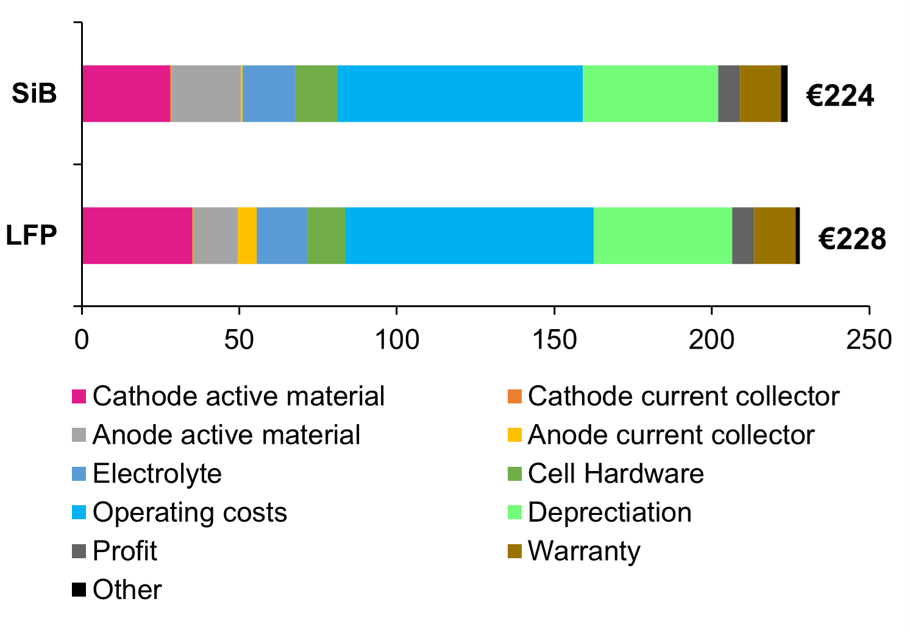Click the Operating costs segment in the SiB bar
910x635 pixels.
pyautogui.click(x=460, y=94)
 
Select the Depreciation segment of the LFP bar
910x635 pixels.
pyautogui.click(x=663, y=236)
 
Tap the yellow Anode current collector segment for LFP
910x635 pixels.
pyautogui.click(x=247, y=236)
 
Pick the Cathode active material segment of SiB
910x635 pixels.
pyautogui.click(x=126, y=94)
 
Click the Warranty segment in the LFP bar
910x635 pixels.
pyautogui.click(x=775, y=236)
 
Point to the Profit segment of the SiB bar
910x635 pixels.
pyautogui.click(x=729, y=94)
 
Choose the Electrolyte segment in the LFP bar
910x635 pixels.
pyautogui.click(x=282, y=236)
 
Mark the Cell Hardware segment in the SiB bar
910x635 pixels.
pyautogui.click(x=316, y=94)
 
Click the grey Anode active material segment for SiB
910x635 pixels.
pyautogui.click(x=206, y=94)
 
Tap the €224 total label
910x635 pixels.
pyautogui.click(x=840, y=96)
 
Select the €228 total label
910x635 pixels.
pyautogui.click(x=851, y=238)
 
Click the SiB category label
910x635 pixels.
pyautogui.click(x=34, y=93)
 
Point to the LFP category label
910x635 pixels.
pyautogui.click(x=32, y=235)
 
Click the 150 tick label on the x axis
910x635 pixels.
pyautogui.click(x=554, y=339)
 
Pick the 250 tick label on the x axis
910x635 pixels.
pyautogui.click(x=869, y=339)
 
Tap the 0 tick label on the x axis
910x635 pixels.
pyautogui.click(x=82, y=339)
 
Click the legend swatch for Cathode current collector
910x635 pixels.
pyautogui.click(x=514, y=397)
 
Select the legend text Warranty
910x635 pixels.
pyautogui.click(x=584, y=551)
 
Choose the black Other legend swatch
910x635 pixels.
pyautogui.click(x=79, y=590)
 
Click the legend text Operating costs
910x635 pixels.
pyautogui.click(x=190, y=513)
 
